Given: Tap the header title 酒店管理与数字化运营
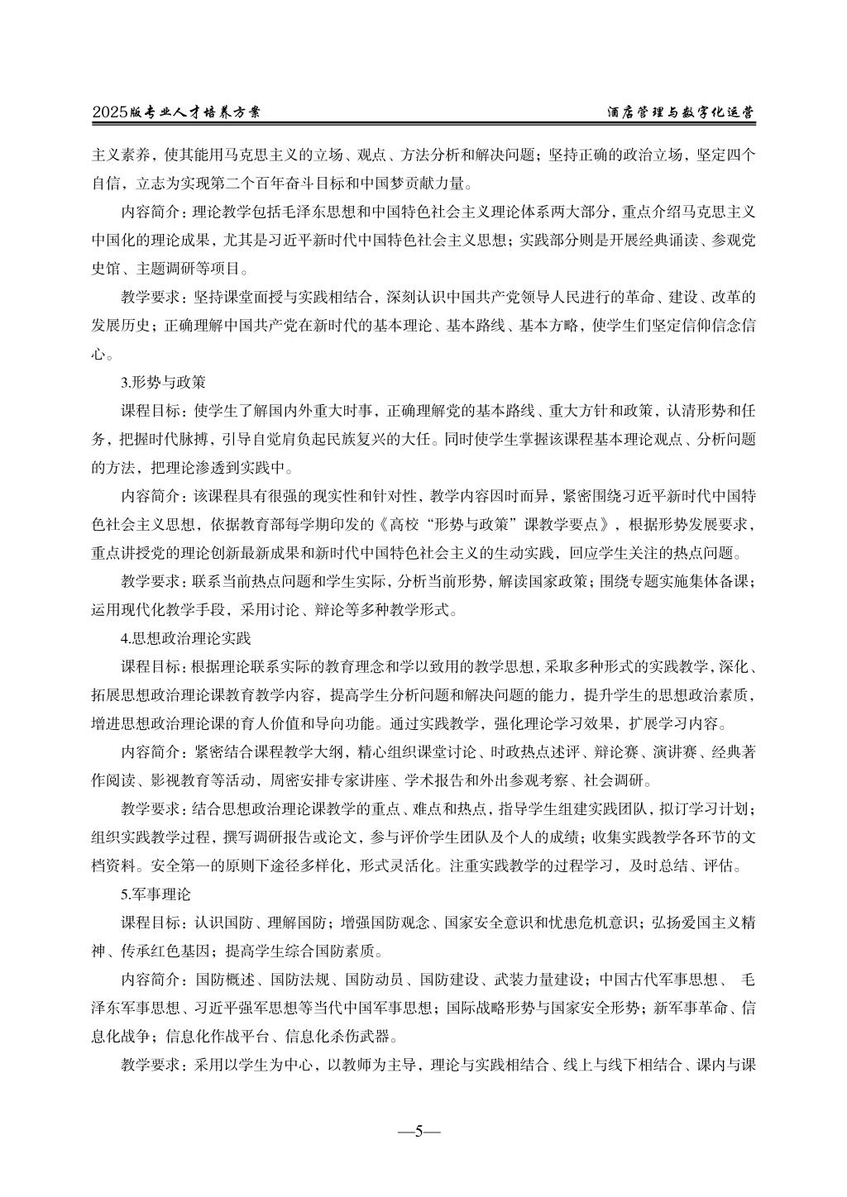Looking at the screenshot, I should (681, 112).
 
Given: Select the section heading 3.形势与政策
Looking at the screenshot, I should (163, 383).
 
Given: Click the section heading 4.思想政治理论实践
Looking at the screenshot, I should (185, 638).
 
